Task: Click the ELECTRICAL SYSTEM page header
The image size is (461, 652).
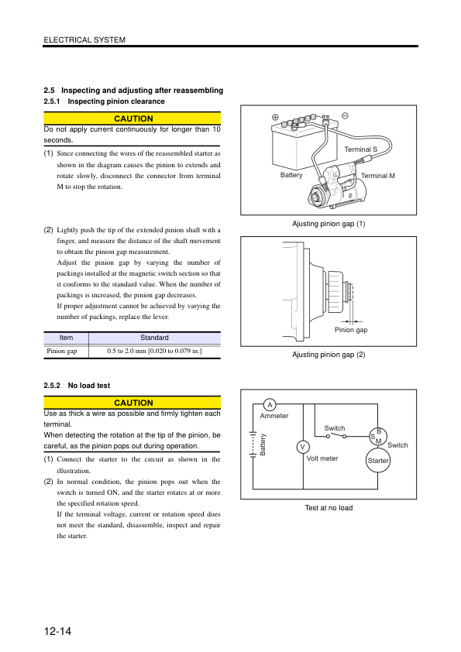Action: [84, 39]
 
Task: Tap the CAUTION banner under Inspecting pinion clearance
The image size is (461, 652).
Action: [132, 118]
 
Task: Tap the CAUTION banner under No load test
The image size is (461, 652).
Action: [132, 403]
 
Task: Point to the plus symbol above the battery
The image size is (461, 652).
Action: [275, 117]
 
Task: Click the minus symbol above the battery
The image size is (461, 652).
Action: [344, 115]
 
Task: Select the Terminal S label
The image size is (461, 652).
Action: [360, 149]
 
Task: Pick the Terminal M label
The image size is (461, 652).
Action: [378, 176]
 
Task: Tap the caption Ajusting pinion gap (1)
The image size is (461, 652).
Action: [329, 224]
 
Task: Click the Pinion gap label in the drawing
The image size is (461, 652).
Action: [350, 329]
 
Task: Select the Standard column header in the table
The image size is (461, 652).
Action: [154, 338]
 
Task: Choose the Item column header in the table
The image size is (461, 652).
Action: [66, 338]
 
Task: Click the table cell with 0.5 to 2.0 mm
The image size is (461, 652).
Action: [154, 352]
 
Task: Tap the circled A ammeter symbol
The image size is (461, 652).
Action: [269, 405]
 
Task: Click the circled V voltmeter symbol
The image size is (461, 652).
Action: [303, 447]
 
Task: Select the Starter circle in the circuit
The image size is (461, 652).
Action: [378, 460]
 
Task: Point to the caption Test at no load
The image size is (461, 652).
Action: [329, 508]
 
